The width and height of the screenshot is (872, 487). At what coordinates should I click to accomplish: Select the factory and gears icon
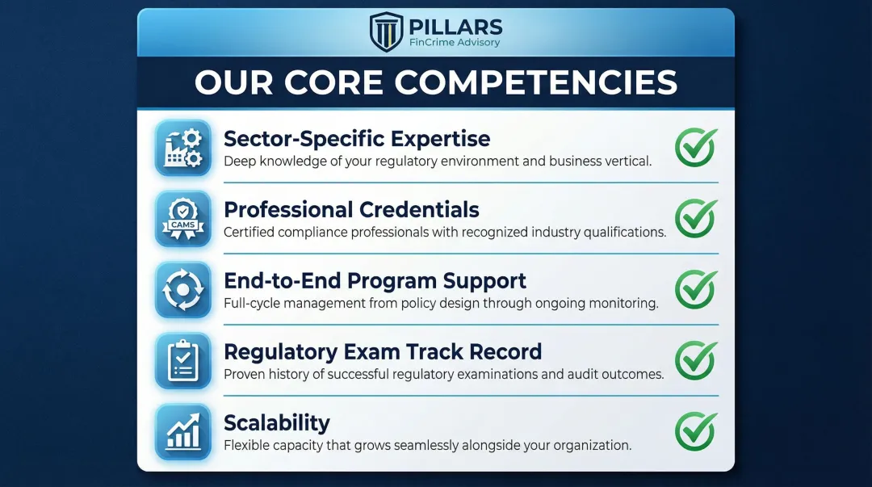tap(182, 148)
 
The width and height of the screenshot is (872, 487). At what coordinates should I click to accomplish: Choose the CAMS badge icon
tap(182, 219)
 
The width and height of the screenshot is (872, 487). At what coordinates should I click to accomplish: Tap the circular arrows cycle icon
tap(182, 289)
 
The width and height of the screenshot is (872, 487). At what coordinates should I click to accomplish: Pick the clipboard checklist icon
tap(182, 360)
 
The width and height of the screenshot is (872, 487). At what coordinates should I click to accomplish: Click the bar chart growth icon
tap(182, 430)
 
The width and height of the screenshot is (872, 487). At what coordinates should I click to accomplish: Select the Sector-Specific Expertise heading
tap(357, 138)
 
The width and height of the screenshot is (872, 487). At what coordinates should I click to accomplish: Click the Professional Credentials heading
tap(351, 210)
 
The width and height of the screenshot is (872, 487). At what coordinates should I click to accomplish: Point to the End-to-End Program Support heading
tap(375, 280)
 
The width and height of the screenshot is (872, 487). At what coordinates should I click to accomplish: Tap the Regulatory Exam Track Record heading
tap(383, 351)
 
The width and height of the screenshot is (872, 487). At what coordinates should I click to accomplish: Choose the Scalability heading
tap(277, 422)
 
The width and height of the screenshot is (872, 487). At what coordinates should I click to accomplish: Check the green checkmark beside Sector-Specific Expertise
tap(695, 147)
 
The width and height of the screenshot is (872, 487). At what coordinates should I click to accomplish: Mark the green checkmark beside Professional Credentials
tap(695, 218)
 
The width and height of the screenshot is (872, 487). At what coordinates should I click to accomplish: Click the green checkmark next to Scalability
tap(695, 430)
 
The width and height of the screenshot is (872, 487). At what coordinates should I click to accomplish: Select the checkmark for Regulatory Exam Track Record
tap(695, 359)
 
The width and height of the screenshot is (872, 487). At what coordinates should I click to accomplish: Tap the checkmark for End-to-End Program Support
tap(695, 288)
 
